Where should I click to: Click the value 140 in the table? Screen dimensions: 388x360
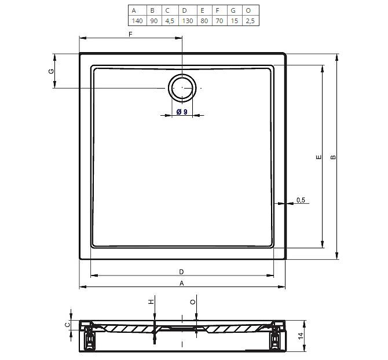point(137,21)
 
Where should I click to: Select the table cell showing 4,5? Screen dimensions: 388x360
point(170,21)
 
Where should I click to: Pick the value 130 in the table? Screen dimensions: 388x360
point(187,21)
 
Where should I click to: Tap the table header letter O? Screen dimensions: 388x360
point(248,10)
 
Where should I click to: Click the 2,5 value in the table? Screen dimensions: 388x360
point(250,21)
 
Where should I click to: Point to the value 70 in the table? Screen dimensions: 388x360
point(219,21)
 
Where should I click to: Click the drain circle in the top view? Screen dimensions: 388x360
point(182,88)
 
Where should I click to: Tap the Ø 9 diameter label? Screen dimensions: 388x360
point(182,112)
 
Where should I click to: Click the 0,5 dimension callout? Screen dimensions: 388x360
point(301,200)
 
